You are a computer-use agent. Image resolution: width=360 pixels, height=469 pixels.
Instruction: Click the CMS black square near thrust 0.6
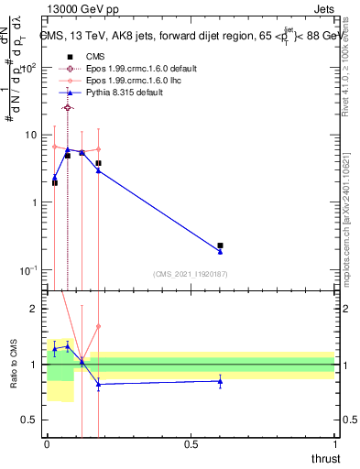pyautogui.click(x=220, y=245)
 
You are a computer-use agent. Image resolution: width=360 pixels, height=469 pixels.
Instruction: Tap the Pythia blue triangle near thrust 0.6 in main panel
pyautogui.click(x=220, y=251)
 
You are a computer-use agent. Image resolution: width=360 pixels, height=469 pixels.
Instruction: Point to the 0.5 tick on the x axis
pyautogui.click(x=191, y=443)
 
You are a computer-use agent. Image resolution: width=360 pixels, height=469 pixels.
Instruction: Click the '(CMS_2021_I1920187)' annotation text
pyautogui.click(x=191, y=273)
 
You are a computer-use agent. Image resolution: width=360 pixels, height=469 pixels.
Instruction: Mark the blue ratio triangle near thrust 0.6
pyautogui.click(x=220, y=381)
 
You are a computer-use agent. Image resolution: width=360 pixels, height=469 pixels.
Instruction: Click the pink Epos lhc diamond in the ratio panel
pyautogui.click(x=98, y=326)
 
